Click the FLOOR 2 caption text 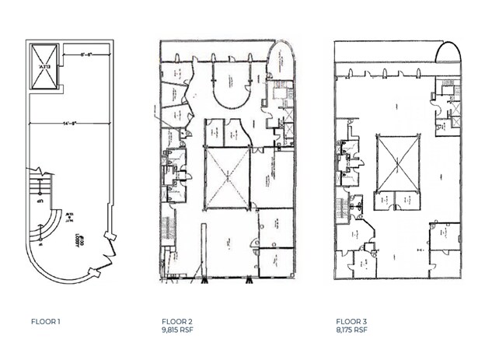(x=176, y=321)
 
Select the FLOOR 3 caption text (x=351, y=321)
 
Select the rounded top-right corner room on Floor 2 (x=281, y=66)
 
